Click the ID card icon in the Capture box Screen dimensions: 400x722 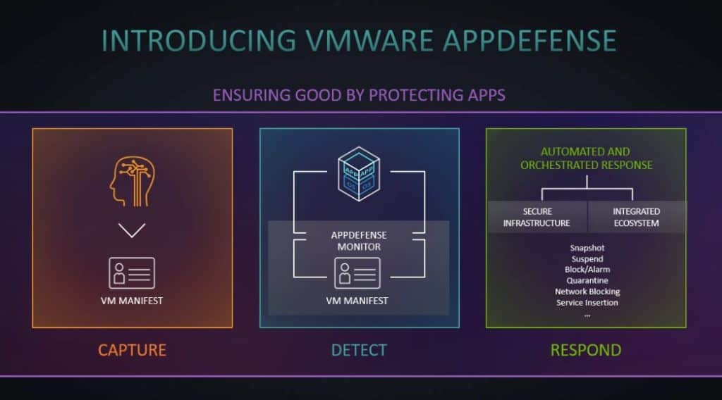pyautogui.click(x=132, y=273)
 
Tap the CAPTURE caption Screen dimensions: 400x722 pyautogui.click(x=132, y=350)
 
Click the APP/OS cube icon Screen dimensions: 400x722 pyautogui.click(x=360, y=173)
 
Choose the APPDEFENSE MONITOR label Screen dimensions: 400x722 pyautogui.click(x=360, y=242)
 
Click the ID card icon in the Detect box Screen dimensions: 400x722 pyautogui.click(x=357, y=273)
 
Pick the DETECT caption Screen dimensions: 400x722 pyautogui.click(x=359, y=350)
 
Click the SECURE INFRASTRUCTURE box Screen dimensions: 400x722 pyautogui.click(x=537, y=217)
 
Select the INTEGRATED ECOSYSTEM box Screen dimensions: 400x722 pyautogui.click(x=636, y=217)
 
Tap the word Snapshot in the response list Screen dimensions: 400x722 pyautogui.click(x=587, y=248)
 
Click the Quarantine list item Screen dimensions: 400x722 pyautogui.click(x=587, y=280)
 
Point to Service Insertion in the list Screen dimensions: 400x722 pyautogui.click(x=587, y=303)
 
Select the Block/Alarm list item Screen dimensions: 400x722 pyautogui.click(x=587, y=270)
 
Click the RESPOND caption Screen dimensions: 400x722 pyautogui.click(x=586, y=350)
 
